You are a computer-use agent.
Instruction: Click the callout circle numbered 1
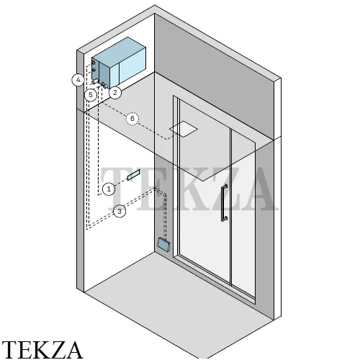[x=109, y=189]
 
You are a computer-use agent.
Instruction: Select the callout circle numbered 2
[x=115, y=92]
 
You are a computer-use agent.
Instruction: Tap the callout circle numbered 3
[x=120, y=212]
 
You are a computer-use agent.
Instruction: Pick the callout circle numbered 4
[x=78, y=80]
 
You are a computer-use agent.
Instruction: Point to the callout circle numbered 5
[x=91, y=94]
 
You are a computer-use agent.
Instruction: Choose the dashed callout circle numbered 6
[x=132, y=118]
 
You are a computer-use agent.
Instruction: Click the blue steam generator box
[x=119, y=63]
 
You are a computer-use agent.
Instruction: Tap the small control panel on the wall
[x=134, y=175]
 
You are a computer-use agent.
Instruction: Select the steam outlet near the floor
[x=164, y=244]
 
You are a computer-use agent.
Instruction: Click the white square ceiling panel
[x=184, y=129]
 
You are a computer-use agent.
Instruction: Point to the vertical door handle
[x=225, y=203]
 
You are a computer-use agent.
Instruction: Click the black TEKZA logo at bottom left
[x=42, y=349]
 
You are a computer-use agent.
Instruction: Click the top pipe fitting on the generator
[x=94, y=63]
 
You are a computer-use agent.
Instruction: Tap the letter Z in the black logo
[x=55, y=349]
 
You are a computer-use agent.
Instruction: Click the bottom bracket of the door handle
[x=225, y=218]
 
